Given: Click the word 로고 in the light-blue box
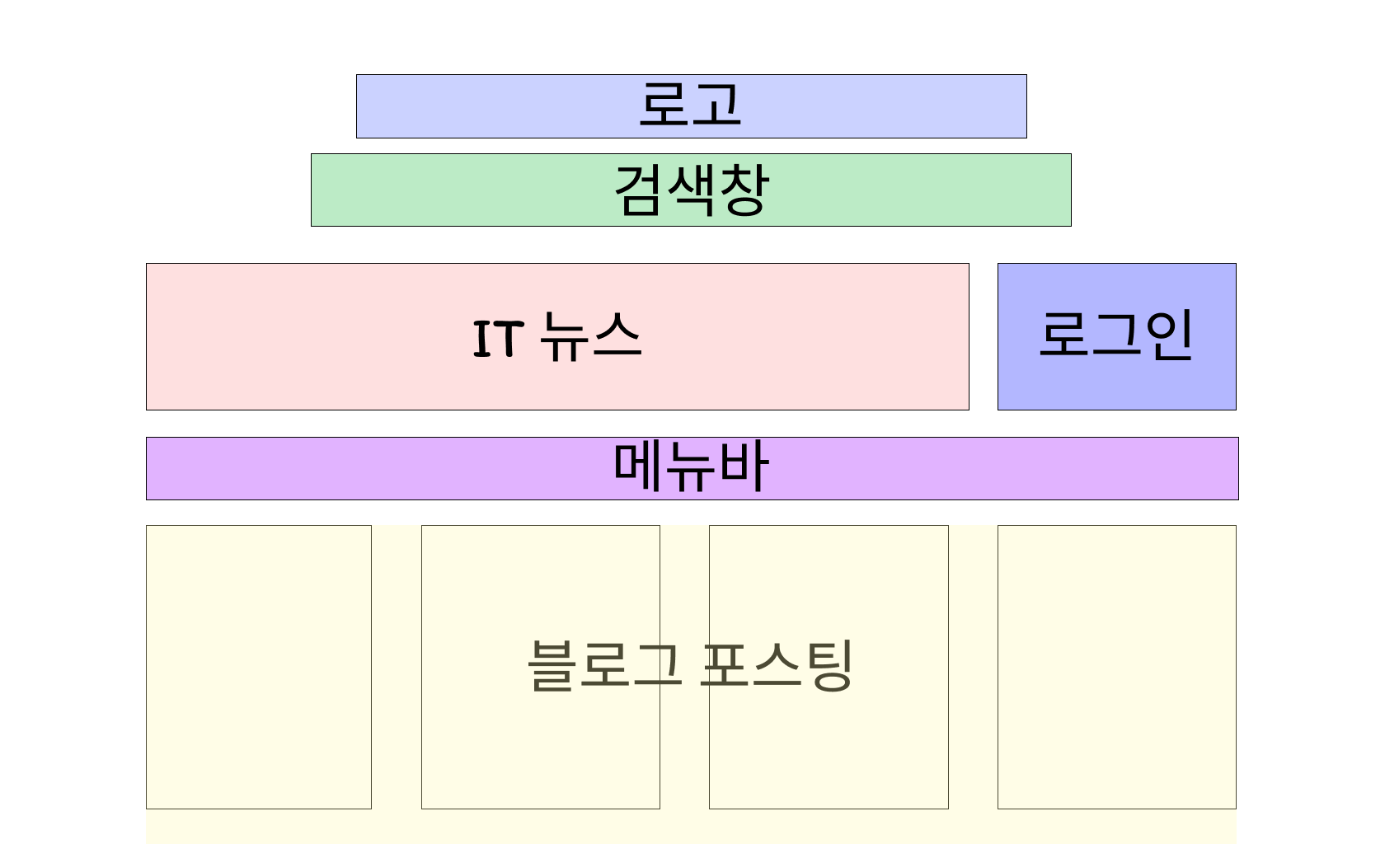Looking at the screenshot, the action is point(691,105).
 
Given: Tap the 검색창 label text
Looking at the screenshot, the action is point(691,190).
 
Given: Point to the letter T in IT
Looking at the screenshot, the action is point(509,339).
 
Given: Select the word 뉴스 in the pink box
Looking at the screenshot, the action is point(589,336).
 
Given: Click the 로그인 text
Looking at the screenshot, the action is point(1115,335).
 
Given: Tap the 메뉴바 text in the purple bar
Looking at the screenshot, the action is point(691,467).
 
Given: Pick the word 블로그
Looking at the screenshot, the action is point(604,665).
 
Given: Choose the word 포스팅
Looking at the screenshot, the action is point(777,665).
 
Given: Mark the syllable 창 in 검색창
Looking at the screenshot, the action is point(744,190).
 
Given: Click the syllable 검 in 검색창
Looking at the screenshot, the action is point(639,190).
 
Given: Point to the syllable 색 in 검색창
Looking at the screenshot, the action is point(691,190).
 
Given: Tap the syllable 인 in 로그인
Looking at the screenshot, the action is point(1168,335).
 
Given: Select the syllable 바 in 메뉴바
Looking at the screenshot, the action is point(744,467).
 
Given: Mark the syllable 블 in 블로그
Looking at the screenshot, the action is point(552,665).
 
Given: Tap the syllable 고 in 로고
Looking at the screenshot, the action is point(718,105).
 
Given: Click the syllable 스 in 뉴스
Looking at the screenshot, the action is point(616,336).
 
